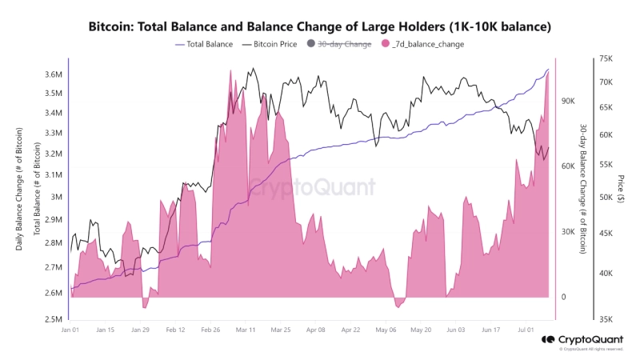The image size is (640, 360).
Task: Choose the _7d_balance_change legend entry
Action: [x=425, y=44]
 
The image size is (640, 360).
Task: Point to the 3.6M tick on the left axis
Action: [x=54, y=74]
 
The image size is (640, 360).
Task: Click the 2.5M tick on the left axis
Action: [x=54, y=319]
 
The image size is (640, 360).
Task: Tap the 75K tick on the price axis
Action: [x=605, y=59]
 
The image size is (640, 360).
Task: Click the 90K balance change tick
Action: [x=569, y=101]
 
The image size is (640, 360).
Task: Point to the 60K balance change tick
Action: [x=569, y=166]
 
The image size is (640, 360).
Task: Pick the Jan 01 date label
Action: [x=70, y=329]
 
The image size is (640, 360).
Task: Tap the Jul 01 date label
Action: [x=526, y=329]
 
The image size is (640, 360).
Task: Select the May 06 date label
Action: [x=386, y=329]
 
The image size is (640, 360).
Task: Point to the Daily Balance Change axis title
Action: [x=19, y=189]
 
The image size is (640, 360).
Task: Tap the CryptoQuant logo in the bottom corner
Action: [x=588, y=339]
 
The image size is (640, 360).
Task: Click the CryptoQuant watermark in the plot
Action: [x=312, y=189]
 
